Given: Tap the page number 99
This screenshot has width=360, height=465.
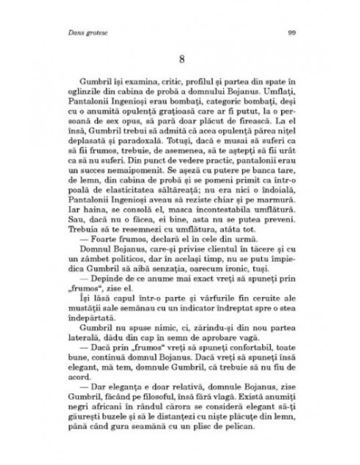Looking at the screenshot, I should (x=291, y=32).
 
